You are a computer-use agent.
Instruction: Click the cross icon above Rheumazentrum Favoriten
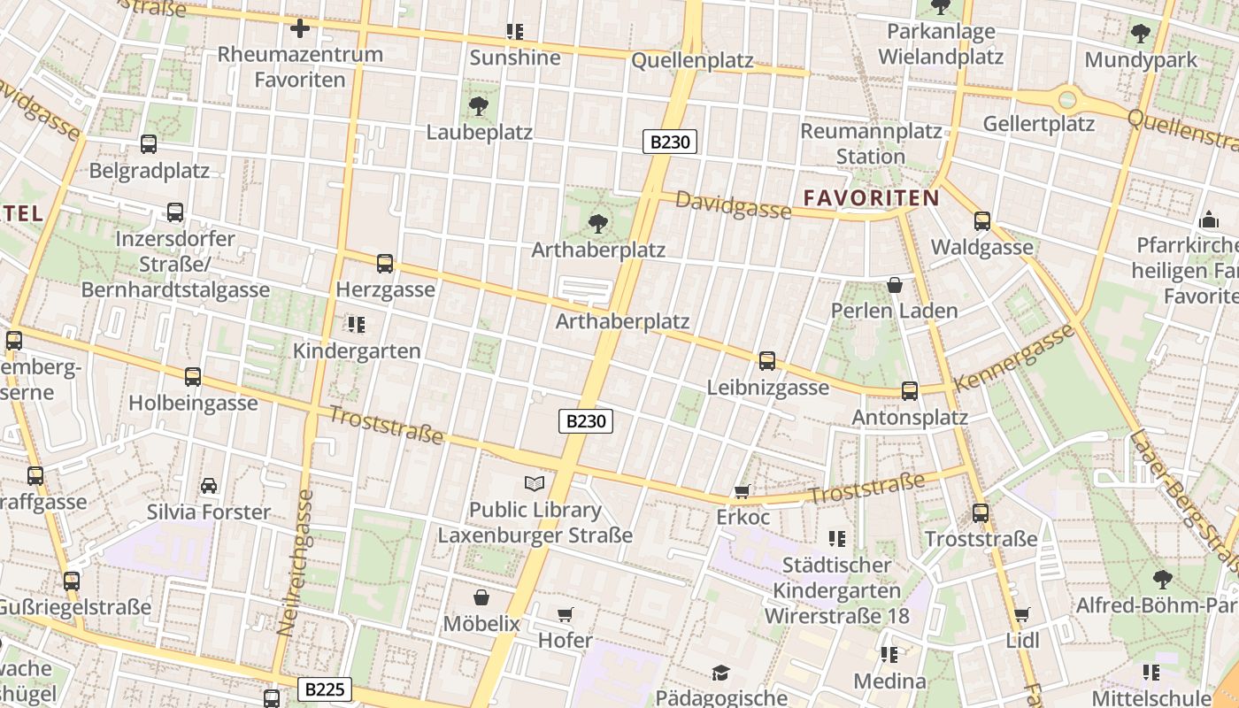300,28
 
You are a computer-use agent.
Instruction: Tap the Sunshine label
515,58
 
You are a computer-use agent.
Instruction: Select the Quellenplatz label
692,60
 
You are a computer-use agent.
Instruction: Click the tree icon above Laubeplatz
479,106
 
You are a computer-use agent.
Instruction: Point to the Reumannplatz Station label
871,143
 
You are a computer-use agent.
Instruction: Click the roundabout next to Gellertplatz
1067,99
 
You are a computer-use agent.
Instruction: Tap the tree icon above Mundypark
1140,34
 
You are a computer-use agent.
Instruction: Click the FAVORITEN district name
870,197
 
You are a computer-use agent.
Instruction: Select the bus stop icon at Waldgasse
981,221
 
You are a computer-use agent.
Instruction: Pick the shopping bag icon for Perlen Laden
895,285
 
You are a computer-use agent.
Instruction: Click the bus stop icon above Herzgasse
385,263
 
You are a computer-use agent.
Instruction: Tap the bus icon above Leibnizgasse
767,361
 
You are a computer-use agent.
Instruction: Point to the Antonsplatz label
910,416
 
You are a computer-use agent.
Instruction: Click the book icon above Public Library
535,483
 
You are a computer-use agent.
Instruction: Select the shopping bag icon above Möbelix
481,597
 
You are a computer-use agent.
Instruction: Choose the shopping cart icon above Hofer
566,614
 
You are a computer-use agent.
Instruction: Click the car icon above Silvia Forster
209,486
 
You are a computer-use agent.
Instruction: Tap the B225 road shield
325,689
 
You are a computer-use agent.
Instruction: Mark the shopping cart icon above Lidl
1021,614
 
